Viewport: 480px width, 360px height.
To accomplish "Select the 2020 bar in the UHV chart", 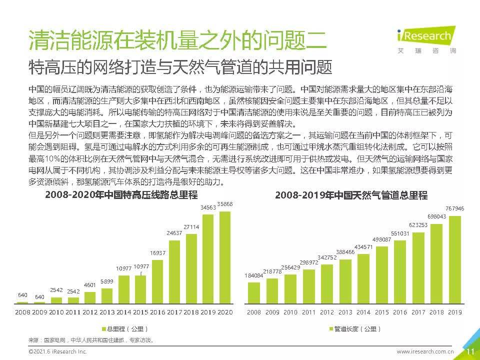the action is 224,257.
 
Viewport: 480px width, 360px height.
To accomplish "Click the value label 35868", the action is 224,204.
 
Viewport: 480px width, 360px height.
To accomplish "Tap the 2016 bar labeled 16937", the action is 157,281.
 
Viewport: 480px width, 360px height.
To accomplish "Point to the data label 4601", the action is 90,285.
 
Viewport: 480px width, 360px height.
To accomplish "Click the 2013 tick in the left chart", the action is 107,312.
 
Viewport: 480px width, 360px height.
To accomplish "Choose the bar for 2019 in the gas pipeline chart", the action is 454,259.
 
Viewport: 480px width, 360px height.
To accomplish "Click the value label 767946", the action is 454,208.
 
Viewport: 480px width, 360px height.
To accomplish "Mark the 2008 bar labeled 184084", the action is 254,293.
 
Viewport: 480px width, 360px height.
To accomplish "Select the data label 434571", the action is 363,246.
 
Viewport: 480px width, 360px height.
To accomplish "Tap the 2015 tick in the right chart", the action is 381,312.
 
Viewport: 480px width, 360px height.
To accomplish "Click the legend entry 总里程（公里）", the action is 125,329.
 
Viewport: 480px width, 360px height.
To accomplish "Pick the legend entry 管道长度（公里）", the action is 355,329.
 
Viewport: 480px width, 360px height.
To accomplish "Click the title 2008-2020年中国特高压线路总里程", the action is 121,194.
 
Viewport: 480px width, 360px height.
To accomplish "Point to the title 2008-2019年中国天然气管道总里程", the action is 351,195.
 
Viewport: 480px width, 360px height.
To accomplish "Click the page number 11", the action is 470,351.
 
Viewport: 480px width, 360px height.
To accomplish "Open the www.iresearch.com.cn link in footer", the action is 425,351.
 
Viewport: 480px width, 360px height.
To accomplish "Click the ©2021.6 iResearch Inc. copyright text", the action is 57,351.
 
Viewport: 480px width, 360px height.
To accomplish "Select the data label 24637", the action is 174,233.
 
